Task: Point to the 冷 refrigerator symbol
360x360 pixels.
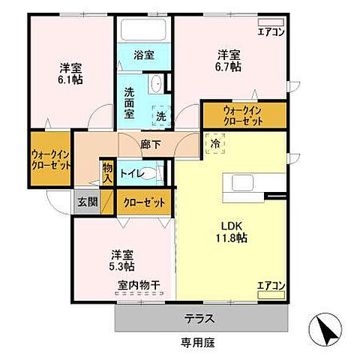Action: click(x=215, y=142)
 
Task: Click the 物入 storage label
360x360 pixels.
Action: click(x=107, y=173)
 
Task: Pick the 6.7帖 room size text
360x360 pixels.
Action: click(x=229, y=67)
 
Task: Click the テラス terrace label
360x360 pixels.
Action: click(x=200, y=319)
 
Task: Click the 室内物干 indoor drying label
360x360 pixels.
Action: click(x=138, y=286)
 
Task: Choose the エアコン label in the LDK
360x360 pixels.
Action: click(x=271, y=286)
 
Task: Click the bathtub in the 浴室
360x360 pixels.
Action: click(x=144, y=30)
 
